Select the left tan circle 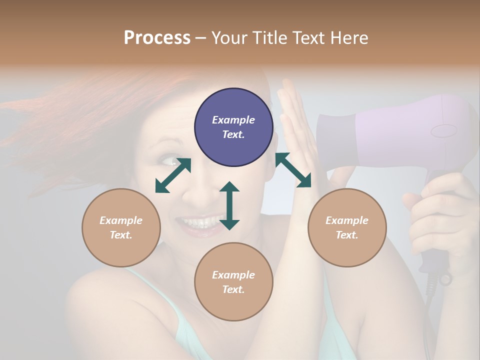(x=121, y=227)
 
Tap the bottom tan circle (x=233, y=282)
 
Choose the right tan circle (x=347, y=227)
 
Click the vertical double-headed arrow (x=229, y=205)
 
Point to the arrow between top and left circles (x=173, y=175)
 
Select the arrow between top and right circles (x=293, y=170)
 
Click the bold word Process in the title (x=157, y=37)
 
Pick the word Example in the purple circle (x=233, y=120)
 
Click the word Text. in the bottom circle (x=233, y=289)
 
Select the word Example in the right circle (x=347, y=220)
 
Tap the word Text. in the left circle (x=121, y=235)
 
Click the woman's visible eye (x=168, y=161)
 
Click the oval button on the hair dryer (x=444, y=131)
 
